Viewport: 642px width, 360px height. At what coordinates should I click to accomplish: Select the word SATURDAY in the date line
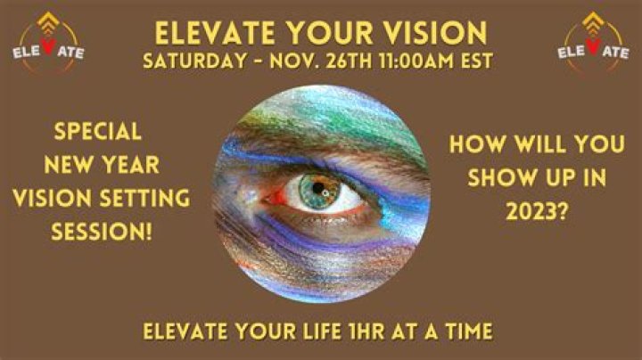coord(193,64)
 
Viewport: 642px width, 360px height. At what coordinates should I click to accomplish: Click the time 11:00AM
coord(398,64)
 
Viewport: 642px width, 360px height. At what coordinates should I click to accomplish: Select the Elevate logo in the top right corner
coord(593,45)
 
